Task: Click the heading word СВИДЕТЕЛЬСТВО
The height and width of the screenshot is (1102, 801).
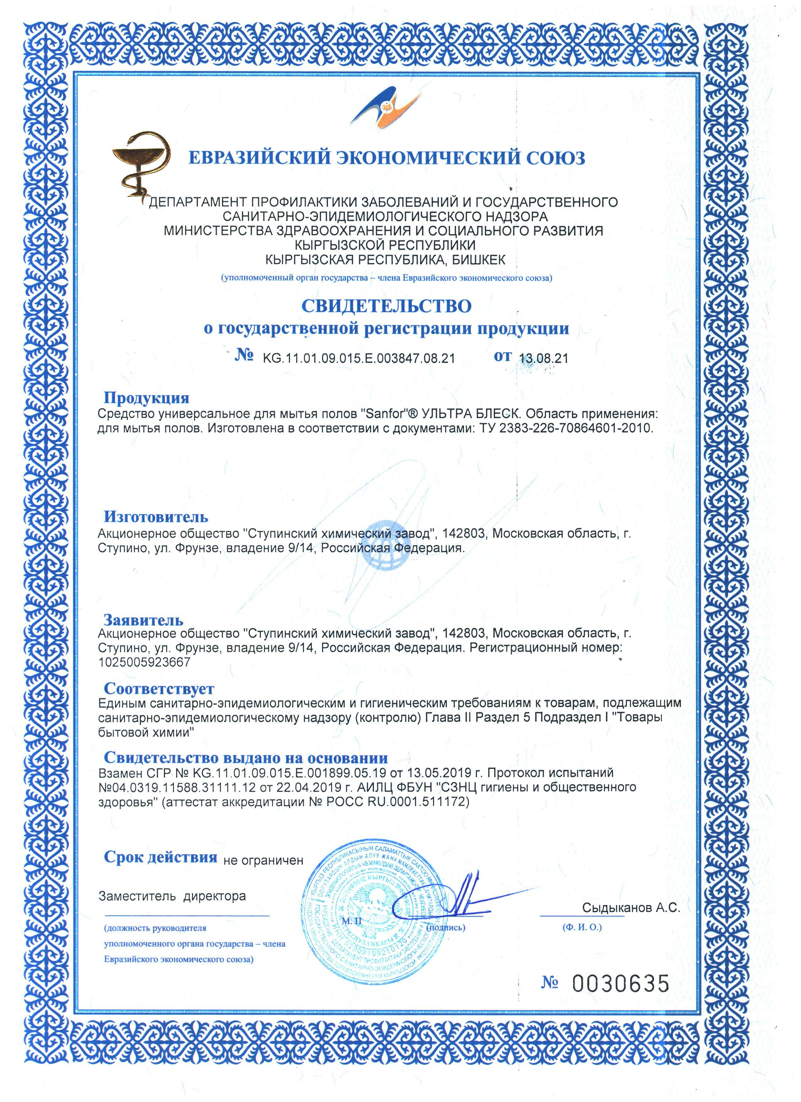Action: [387, 306]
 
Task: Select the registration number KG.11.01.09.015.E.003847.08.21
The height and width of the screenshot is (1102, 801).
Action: [358, 358]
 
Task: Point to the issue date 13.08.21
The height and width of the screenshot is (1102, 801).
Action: [543, 358]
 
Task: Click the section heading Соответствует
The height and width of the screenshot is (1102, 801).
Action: [159, 689]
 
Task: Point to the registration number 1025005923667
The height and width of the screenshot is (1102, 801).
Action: [144, 662]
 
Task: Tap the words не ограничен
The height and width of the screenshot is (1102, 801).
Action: [263, 860]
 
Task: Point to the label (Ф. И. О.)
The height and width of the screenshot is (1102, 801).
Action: [582, 927]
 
